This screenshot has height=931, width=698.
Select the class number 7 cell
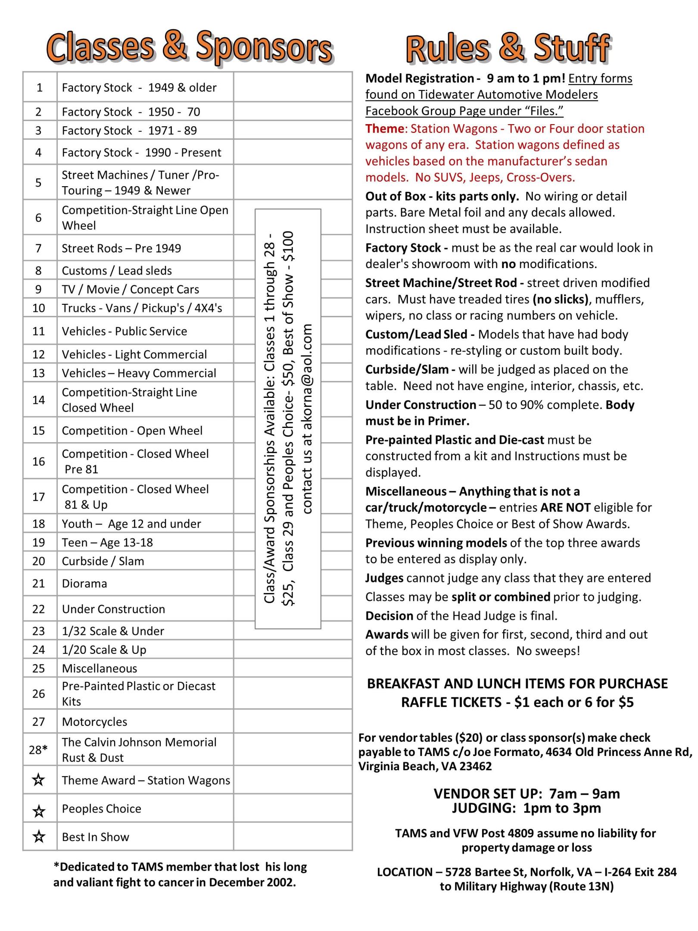(x=39, y=248)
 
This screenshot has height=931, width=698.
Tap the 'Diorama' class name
(x=84, y=584)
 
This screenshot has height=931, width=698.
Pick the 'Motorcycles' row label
(x=94, y=722)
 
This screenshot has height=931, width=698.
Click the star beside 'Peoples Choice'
(x=39, y=811)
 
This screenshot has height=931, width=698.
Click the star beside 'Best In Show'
(x=39, y=837)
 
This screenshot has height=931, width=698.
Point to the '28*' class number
(x=38, y=750)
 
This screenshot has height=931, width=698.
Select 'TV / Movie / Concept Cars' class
(x=130, y=289)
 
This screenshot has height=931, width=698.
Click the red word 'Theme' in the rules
(x=384, y=129)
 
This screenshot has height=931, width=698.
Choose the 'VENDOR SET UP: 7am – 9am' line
(x=526, y=794)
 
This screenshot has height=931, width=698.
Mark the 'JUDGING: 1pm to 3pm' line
(x=526, y=808)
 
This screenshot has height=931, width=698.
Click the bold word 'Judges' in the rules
(x=384, y=578)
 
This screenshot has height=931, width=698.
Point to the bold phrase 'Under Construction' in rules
(x=421, y=405)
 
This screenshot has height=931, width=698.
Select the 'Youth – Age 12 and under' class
(x=131, y=524)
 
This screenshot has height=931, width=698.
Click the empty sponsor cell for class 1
(x=293, y=87)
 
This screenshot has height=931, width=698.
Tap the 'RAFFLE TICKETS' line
(x=517, y=703)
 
